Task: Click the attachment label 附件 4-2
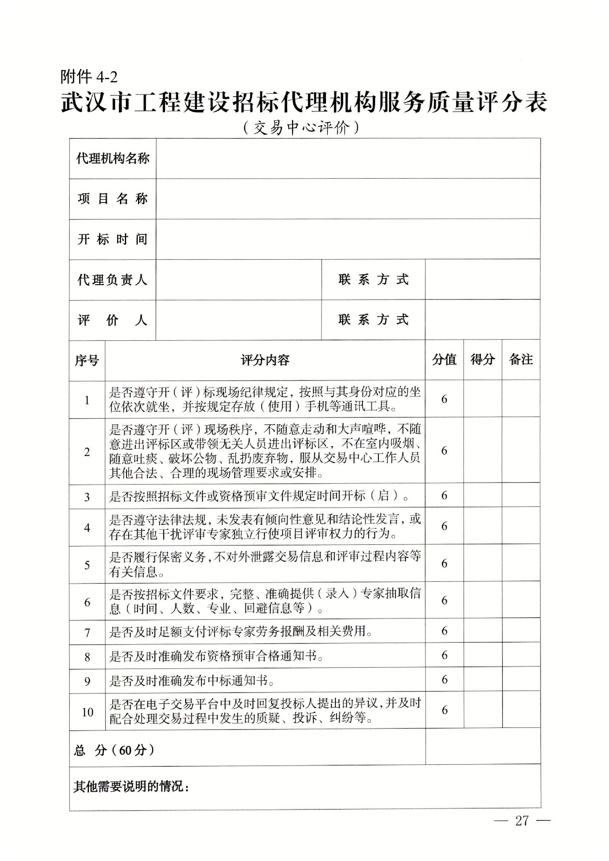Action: click(89, 77)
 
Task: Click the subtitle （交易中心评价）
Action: click(301, 128)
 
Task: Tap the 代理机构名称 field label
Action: click(113, 159)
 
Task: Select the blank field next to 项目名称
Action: click(348, 199)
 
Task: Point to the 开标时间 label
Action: click(113, 239)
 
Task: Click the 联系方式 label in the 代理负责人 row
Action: click(373, 280)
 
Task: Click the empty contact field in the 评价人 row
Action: click(482, 320)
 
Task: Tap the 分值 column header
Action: click(444, 360)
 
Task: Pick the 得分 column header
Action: click(482, 360)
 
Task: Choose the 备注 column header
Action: click(521, 360)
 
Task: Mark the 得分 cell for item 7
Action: click(482, 631)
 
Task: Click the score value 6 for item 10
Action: click(444, 710)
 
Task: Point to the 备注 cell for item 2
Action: click(521, 451)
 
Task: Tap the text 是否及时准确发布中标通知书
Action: click(191, 680)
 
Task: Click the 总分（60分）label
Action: click(114, 750)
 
